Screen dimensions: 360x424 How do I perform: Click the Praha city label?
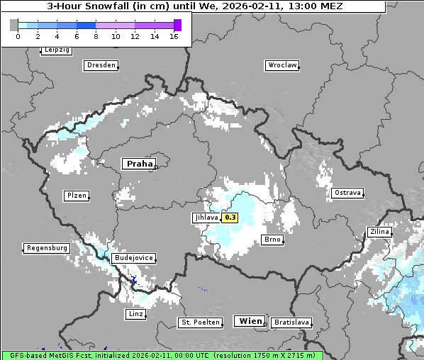140,164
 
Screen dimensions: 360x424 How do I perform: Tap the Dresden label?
101,65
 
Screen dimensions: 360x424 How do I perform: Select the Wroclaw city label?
281,65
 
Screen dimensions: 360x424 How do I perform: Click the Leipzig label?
57,50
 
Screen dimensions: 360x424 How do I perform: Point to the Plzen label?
76,196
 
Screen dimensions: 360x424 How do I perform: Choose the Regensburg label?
47,248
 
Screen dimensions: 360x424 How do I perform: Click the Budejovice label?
133,258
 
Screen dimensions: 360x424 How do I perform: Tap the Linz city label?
135,314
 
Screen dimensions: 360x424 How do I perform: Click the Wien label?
250,321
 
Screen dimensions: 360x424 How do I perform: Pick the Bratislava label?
291,322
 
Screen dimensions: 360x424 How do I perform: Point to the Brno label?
272,240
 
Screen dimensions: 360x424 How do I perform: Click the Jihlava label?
206,218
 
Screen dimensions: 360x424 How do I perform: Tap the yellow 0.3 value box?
230,218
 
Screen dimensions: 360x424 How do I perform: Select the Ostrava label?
347,193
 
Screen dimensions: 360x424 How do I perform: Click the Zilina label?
379,232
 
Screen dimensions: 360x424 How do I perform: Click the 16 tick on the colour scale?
174,35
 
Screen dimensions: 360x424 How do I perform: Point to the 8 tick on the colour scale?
96,35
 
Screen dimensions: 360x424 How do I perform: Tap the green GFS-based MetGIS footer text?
162,355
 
